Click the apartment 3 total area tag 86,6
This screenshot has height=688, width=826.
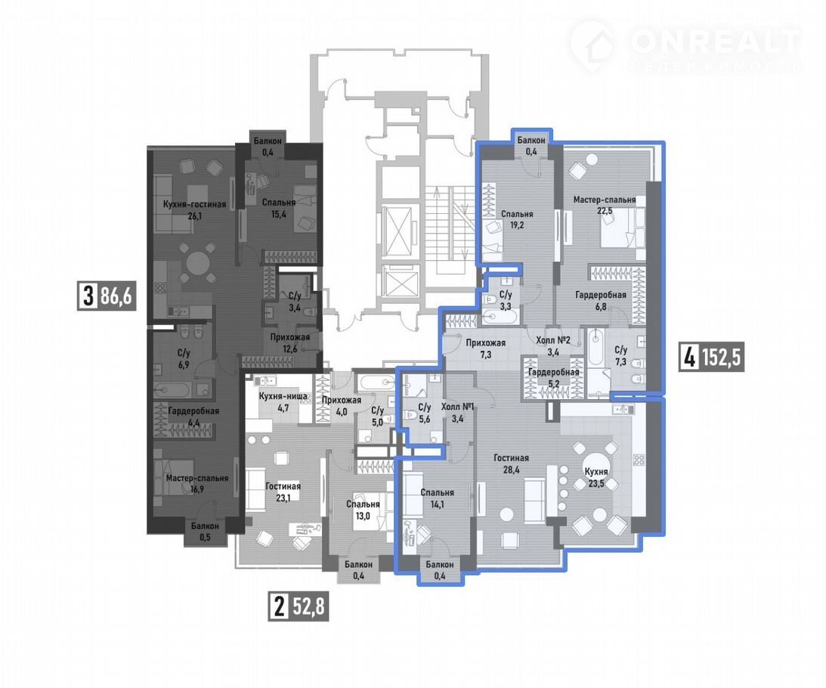click(107, 296)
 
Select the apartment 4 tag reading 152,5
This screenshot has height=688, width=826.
click(712, 358)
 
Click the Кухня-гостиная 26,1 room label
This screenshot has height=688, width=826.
click(194, 209)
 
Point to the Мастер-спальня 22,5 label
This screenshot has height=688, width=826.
click(605, 205)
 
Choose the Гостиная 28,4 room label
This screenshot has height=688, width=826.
click(511, 463)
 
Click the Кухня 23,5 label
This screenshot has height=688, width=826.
click(596, 476)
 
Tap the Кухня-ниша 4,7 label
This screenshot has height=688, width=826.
click(283, 401)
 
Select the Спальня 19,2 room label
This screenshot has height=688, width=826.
click(517, 219)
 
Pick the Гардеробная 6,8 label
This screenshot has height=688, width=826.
click(601, 299)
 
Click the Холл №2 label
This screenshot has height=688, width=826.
click(552, 340)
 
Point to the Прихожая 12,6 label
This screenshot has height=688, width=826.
click(289, 342)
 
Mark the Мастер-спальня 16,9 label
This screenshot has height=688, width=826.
click(197, 483)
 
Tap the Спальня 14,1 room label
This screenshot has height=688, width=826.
click(438, 497)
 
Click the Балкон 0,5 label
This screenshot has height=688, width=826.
click(205, 531)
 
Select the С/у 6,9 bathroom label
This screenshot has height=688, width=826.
click(184, 358)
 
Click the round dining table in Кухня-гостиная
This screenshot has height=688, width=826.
click(197, 263)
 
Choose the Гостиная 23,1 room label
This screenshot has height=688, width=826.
click(283, 491)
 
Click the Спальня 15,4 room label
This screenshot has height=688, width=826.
click(279, 208)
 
